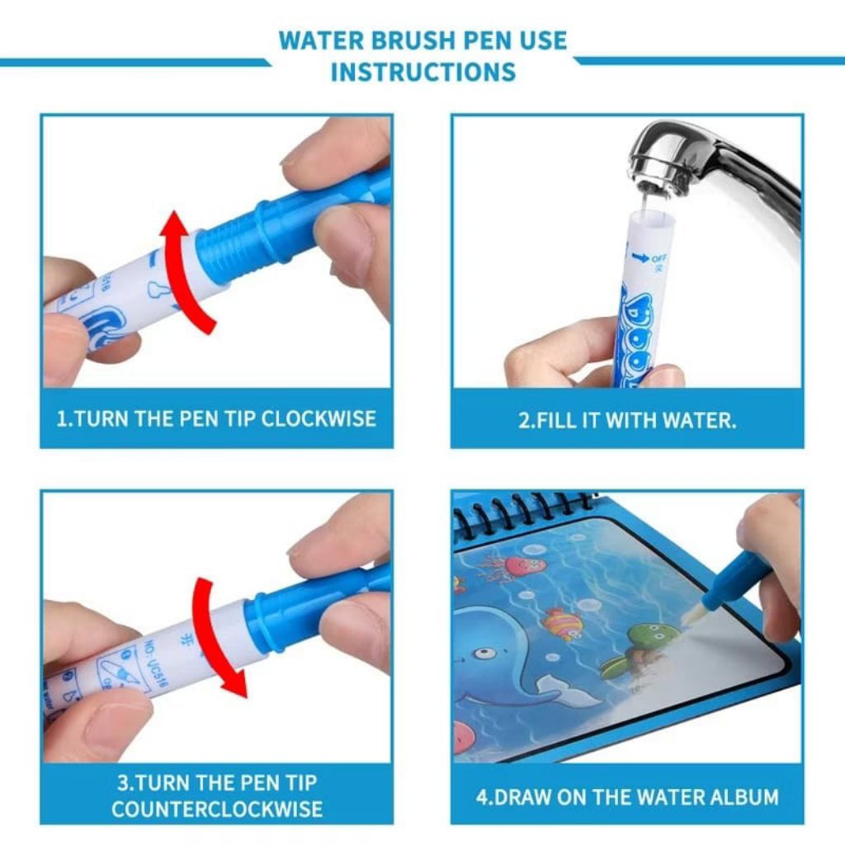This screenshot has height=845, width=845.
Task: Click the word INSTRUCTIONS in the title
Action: point(422,72)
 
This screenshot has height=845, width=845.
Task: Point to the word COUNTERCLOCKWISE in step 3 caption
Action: point(216,808)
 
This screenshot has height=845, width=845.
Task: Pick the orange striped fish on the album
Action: point(562,622)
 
